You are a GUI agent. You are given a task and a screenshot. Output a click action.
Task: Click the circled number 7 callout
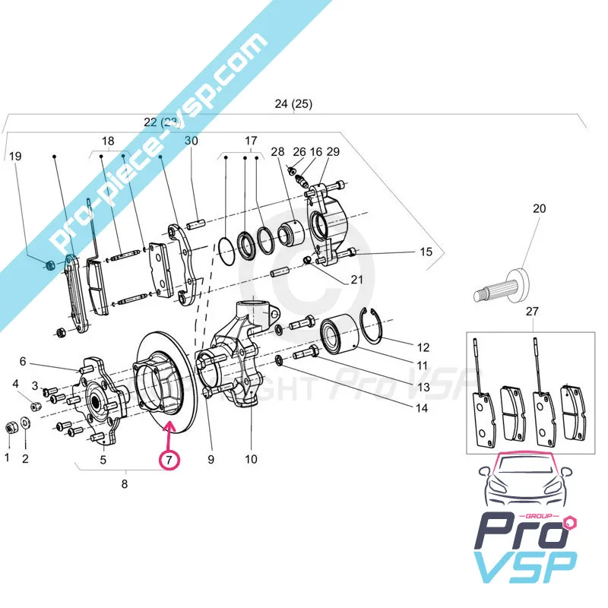(x=168, y=459)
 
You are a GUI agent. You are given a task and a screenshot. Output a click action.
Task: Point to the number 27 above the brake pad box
(x=532, y=311)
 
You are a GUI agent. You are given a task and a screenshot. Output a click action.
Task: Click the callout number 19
(x=14, y=157)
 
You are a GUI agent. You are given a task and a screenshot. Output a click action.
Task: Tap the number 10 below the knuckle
(x=251, y=459)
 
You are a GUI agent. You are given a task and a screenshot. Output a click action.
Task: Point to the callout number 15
(x=426, y=252)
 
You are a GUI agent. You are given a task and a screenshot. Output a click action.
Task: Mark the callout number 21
(x=356, y=280)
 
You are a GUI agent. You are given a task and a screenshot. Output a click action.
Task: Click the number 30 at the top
(x=191, y=141)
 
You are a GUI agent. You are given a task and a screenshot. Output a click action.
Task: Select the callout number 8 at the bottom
(x=125, y=483)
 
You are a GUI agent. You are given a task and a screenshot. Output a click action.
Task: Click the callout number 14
(x=421, y=408)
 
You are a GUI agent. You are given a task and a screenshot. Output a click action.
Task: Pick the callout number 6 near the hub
(x=23, y=361)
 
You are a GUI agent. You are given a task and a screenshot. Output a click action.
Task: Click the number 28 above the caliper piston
(x=277, y=152)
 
